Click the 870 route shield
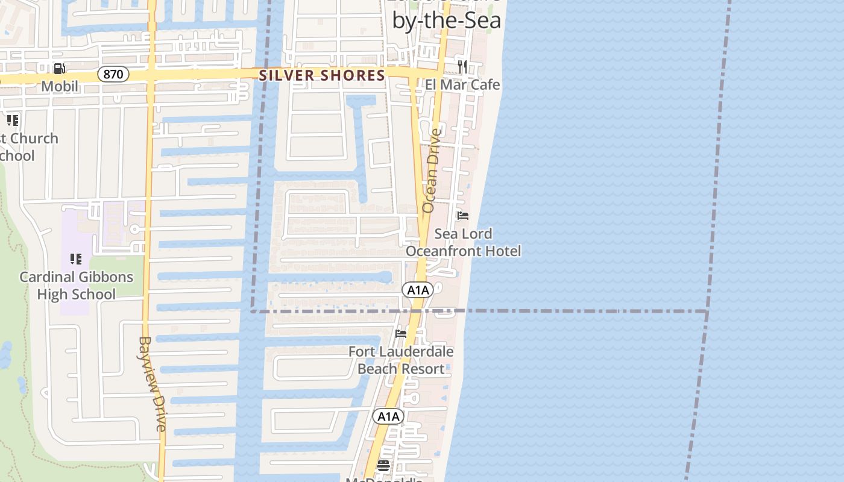coord(113,75)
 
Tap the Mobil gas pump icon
coord(59,69)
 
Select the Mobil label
coord(60,86)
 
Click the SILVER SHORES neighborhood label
coord(322,75)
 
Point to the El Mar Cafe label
coord(462,84)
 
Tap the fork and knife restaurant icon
coord(462,66)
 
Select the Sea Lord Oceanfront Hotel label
coord(463,242)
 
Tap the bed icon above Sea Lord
coord(463,216)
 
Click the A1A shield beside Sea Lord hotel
coord(418,290)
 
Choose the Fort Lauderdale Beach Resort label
coord(401,360)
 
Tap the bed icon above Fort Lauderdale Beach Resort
coord(400,334)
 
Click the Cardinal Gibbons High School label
coord(76,286)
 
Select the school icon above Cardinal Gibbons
coord(76,259)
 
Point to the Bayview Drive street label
coord(153,384)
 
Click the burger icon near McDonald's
coord(383,465)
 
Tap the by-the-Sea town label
coord(446,20)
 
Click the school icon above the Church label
coord(13,120)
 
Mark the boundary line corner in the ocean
coord(707,311)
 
